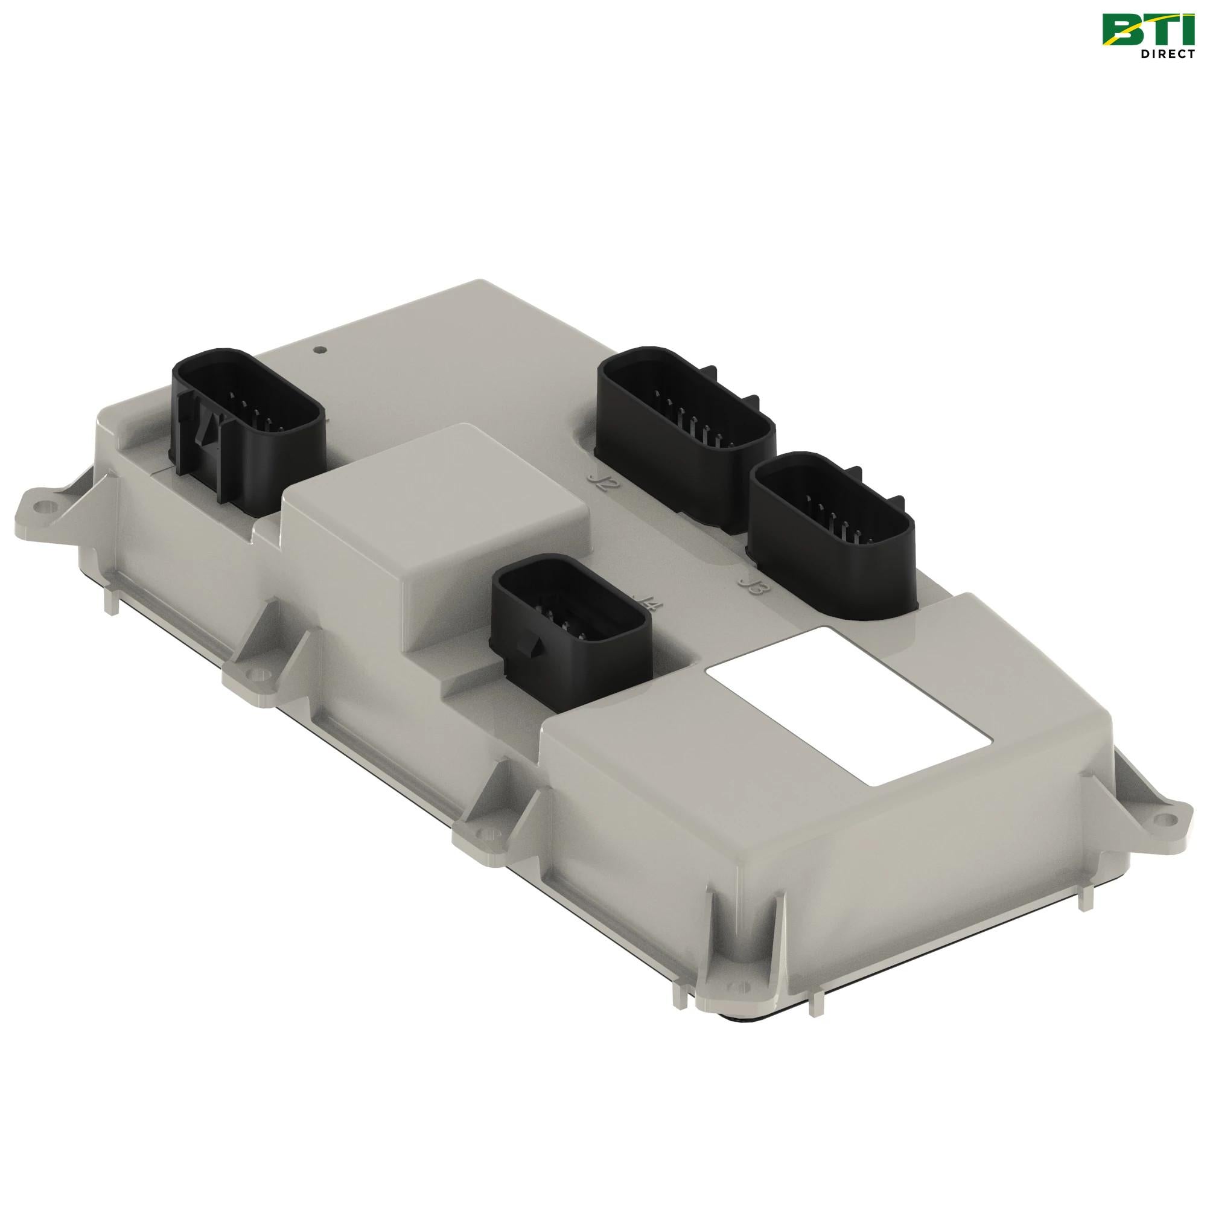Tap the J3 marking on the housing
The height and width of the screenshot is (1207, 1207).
click(748, 586)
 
